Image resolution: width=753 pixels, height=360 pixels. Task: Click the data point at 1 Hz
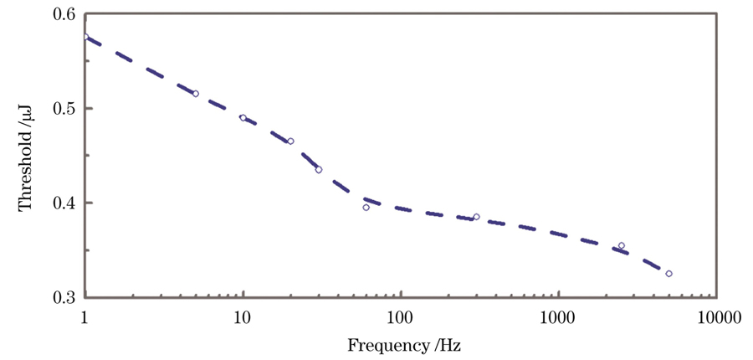click(x=85, y=37)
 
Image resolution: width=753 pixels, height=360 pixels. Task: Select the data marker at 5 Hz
click(x=196, y=94)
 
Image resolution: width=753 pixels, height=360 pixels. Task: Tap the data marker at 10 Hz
click(x=243, y=117)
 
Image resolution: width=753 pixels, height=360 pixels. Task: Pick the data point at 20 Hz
click(x=290, y=141)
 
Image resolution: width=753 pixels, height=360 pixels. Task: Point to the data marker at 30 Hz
click(x=319, y=169)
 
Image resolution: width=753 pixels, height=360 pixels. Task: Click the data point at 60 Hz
click(x=366, y=207)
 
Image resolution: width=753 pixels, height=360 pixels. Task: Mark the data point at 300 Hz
click(x=476, y=217)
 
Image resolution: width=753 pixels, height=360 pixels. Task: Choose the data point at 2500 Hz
click(x=621, y=245)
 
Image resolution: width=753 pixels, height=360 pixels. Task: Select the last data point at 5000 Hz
click(x=668, y=274)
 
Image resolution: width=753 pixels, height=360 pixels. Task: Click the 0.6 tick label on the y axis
click(x=62, y=14)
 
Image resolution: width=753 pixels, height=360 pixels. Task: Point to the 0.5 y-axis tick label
click(x=62, y=109)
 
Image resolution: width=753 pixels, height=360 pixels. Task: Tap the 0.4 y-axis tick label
click(x=62, y=203)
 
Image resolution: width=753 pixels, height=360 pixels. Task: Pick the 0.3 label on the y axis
click(x=62, y=297)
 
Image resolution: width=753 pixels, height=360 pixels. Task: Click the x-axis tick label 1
click(x=85, y=317)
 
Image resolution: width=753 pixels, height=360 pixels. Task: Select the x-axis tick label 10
click(x=243, y=317)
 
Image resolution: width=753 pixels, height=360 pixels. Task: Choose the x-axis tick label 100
click(x=401, y=317)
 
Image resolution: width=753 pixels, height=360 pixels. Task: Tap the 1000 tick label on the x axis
click(x=558, y=317)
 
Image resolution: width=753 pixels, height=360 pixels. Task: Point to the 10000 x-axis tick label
click(x=716, y=317)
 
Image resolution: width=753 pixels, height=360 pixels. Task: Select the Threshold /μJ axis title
click(x=26, y=157)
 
